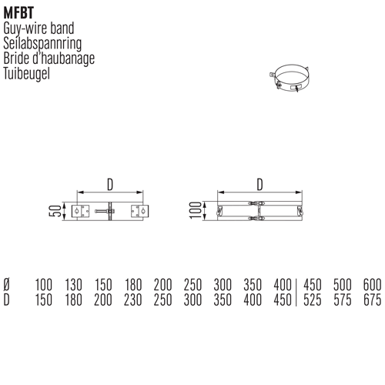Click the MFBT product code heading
click(18, 13)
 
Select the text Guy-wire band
click(38, 28)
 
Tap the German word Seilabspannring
click(42, 44)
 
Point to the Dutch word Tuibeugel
click(27, 74)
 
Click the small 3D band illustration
click(290, 79)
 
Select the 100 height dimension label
click(196, 210)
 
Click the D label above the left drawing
click(110, 185)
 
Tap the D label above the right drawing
click(260, 184)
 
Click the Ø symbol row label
click(7, 285)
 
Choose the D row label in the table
click(7, 300)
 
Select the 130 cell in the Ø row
click(73, 285)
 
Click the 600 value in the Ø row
click(373, 285)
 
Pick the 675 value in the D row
click(373, 300)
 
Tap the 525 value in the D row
click(313, 300)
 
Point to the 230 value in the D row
click(132, 300)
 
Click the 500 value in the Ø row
click(343, 285)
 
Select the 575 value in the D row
click(343, 300)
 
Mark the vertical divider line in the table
click(296, 293)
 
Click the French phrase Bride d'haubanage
click(49, 59)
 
